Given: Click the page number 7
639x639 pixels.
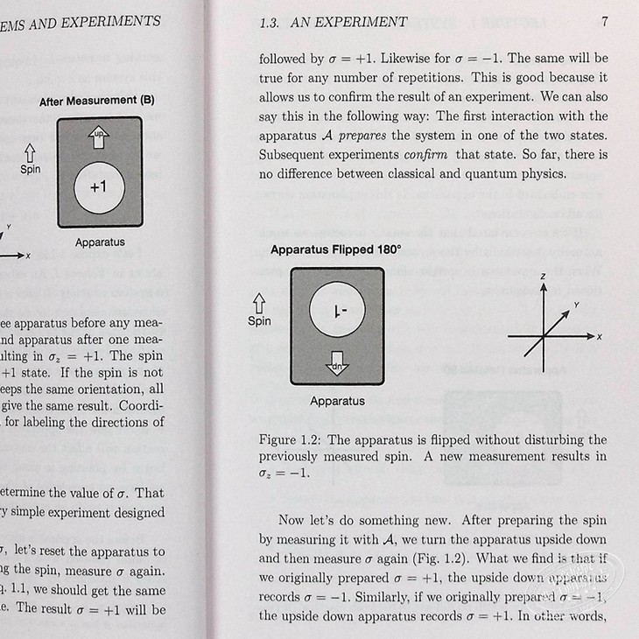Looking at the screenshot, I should pyautogui.click(x=605, y=21).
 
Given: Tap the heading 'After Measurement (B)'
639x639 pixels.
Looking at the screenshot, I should pyautogui.click(x=97, y=101).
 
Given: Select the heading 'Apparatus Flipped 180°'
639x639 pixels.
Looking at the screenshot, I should pyautogui.click(x=335, y=249).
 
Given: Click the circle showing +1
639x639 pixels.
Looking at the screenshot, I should pyautogui.click(x=98, y=187).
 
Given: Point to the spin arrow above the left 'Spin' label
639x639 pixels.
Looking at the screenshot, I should pyautogui.click(x=31, y=149).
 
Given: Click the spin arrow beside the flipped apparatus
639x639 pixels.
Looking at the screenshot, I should pyautogui.click(x=259, y=303).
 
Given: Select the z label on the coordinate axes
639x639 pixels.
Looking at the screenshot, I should pyautogui.click(x=543, y=277).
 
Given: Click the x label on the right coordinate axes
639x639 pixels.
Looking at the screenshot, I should pyautogui.click(x=600, y=336).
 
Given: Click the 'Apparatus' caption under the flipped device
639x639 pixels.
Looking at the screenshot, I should pyautogui.click(x=337, y=401).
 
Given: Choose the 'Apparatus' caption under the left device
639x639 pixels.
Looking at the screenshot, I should pyautogui.click(x=99, y=242).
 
